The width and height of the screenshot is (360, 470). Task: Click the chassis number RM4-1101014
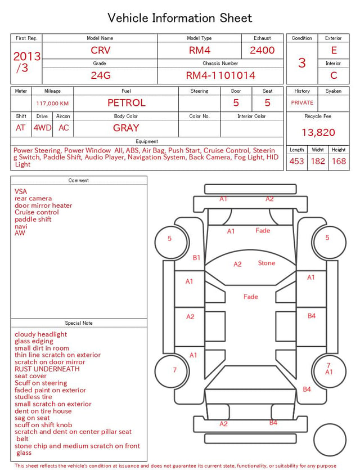(x=220, y=75)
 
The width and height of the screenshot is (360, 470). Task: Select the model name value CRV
(x=101, y=50)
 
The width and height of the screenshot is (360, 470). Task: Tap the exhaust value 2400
(x=262, y=50)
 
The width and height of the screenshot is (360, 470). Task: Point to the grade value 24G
(x=101, y=75)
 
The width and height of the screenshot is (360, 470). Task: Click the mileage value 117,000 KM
(x=52, y=104)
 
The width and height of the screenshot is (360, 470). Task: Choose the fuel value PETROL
(x=127, y=103)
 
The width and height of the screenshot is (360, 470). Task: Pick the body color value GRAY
(x=126, y=128)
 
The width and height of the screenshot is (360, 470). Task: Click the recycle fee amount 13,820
(x=318, y=132)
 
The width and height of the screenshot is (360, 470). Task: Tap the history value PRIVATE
(x=302, y=103)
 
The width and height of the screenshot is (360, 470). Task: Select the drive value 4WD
(x=42, y=128)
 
